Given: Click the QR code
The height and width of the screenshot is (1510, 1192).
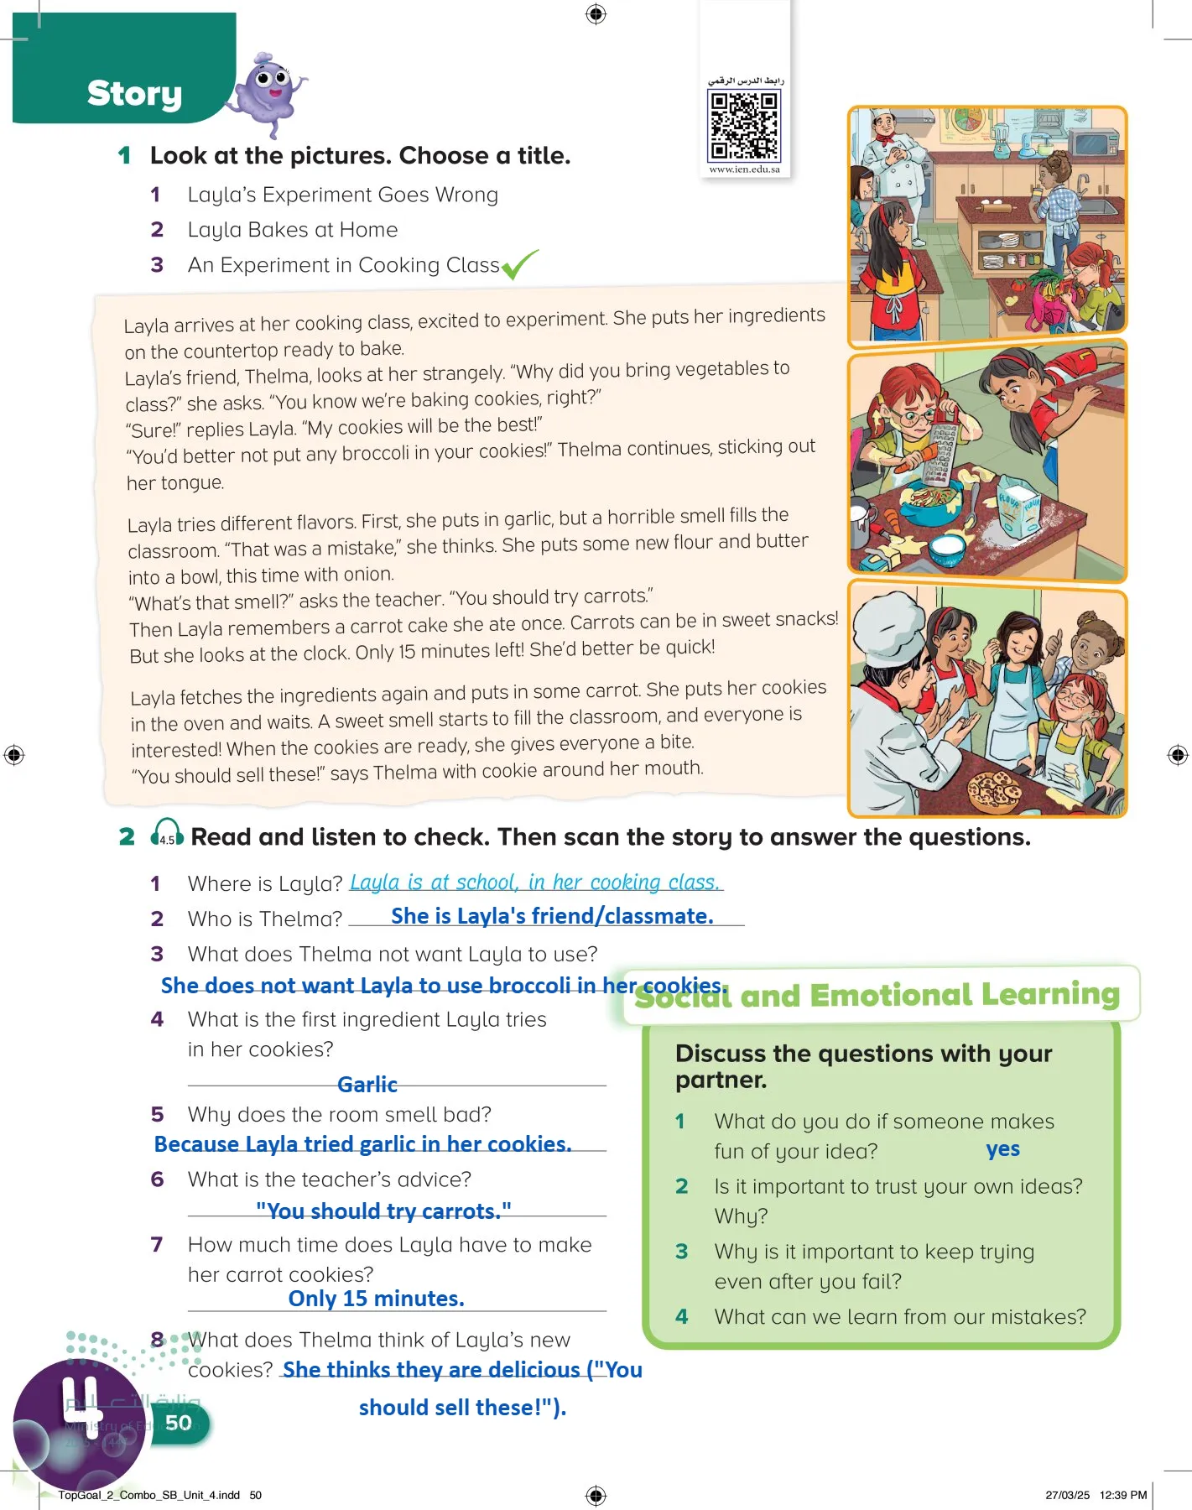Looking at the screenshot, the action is pyautogui.click(x=745, y=125).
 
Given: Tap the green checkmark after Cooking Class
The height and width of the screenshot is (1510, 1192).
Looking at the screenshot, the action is pyautogui.click(x=519, y=264).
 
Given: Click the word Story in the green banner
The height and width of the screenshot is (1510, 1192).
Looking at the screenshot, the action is pyautogui.click(x=134, y=94).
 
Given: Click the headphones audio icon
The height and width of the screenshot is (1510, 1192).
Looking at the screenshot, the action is pyautogui.click(x=167, y=833).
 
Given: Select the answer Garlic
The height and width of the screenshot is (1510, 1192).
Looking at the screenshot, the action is pyautogui.click(x=367, y=1085).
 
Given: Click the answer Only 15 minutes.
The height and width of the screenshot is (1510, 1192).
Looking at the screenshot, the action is pyautogui.click(x=377, y=1299).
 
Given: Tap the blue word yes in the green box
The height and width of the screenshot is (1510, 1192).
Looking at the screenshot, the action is pyautogui.click(x=1003, y=1149).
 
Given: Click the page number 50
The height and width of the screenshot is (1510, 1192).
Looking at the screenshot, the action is pyautogui.click(x=178, y=1423).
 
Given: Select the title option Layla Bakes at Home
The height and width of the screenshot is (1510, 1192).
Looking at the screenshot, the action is pyautogui.click(x=293, y=230).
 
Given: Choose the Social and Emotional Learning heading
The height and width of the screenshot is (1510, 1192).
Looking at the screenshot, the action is pyautogui.click(x=877, y=995).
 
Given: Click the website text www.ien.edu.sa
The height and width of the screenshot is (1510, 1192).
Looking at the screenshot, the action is pyautogui.click(x=745, y=169).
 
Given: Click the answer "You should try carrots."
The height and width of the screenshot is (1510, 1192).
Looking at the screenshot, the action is pyautogui.click(x=383, y=1211).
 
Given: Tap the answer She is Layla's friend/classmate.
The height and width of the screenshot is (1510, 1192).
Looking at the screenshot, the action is pyautogui.click(x=552, y=916).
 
